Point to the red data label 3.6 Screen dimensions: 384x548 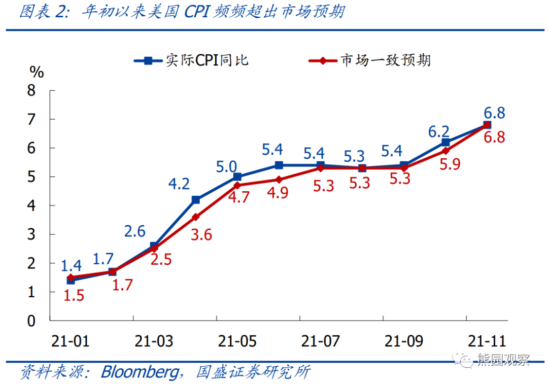pos(202,235)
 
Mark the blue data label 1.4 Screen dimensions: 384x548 pos(71,265)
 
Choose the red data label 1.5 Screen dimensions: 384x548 pos(74,295)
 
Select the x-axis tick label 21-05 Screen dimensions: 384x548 pos(237,341)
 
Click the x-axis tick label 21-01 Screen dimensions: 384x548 pos(71,341)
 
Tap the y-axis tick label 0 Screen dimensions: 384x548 pos(31,321)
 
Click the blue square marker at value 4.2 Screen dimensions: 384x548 pos(195,200)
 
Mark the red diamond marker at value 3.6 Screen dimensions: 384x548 pos(195,217)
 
